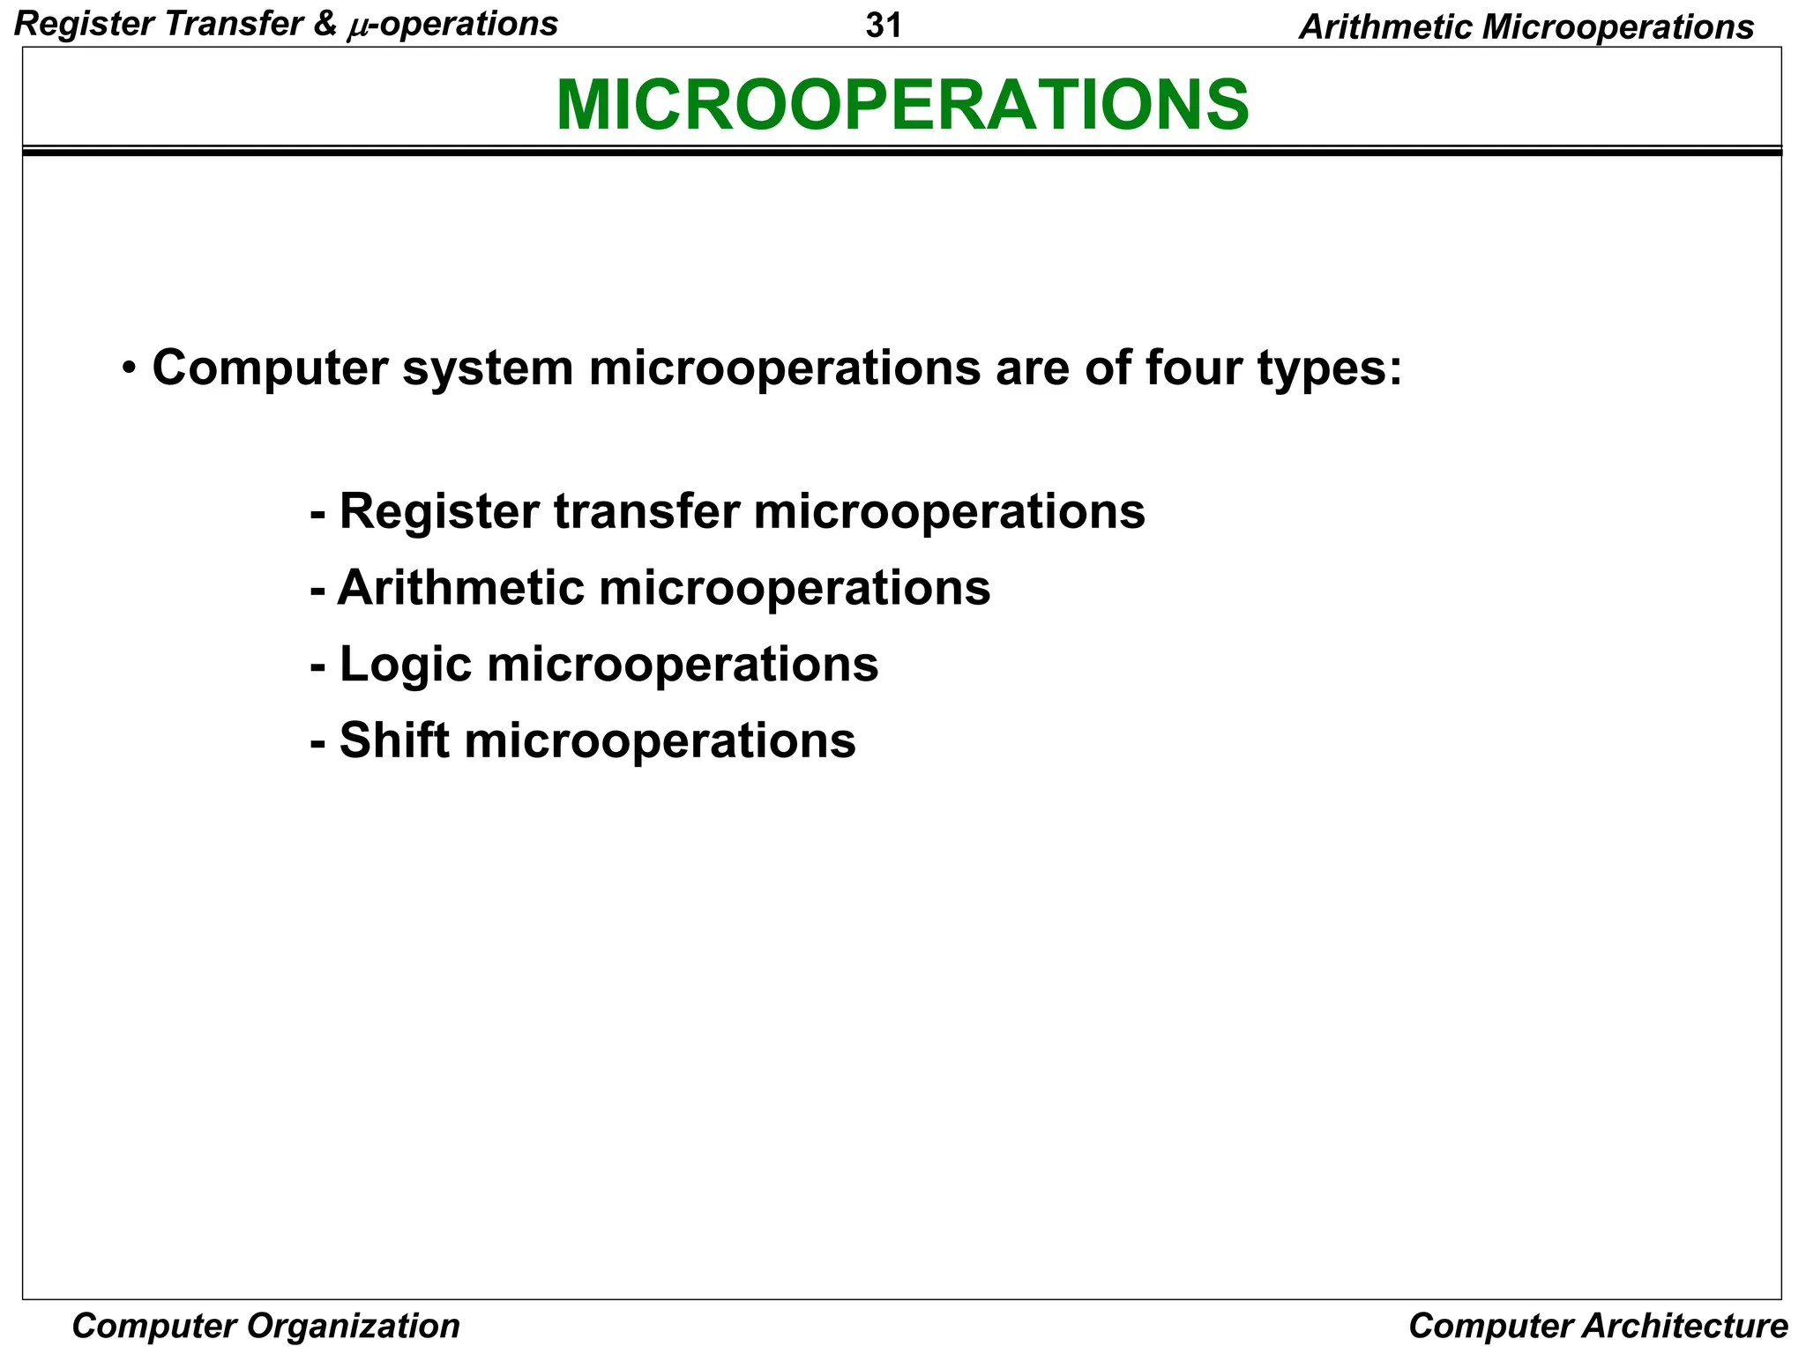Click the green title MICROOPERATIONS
pos(902,105)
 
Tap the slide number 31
pos(884,26)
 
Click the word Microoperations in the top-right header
pos(1617,27)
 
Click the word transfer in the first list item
pos(647,511)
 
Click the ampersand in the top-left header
pos(325,25)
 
